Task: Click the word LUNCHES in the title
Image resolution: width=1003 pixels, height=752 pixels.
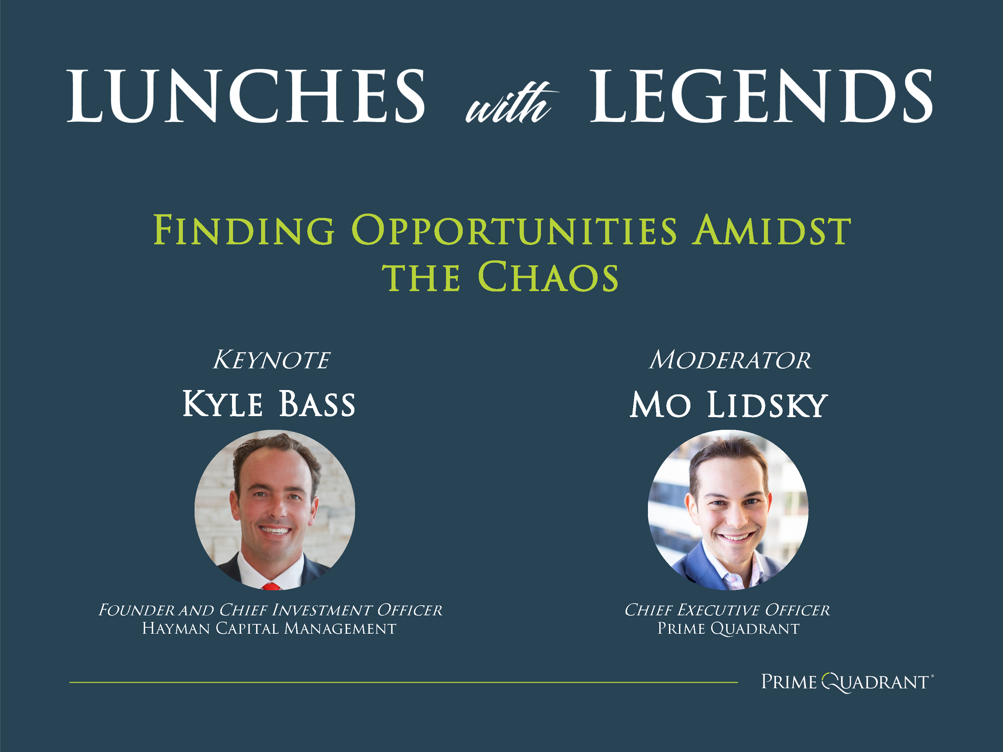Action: coord(246,96)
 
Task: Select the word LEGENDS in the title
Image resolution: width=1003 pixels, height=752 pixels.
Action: coord(761,96)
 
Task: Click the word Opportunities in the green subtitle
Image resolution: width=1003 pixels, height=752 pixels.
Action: coord(514,230)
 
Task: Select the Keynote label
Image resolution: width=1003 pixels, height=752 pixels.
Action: coord(271,360)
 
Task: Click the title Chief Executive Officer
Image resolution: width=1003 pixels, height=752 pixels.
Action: coord(727,610)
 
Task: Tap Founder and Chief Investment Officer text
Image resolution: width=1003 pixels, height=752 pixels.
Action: coord(270,610)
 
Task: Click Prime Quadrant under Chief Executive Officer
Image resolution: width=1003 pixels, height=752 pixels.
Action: coord(728,628)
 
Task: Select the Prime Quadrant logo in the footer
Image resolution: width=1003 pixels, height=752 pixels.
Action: coord(846,682)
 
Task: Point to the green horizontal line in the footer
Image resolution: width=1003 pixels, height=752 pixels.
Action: coord(403,682)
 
